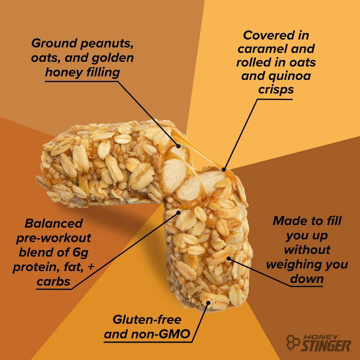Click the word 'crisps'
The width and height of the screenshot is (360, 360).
[x=276, y=89]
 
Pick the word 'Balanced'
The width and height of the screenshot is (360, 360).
[x=54, y=223]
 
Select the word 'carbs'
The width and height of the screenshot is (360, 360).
[x=54, y=282]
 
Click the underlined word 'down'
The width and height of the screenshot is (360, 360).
[x=307, y=279]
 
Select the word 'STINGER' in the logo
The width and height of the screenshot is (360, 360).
[x=326, y=346]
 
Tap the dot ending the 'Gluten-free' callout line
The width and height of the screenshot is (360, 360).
[x=208, y=303]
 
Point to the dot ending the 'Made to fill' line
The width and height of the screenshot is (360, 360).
[x=229, y=258]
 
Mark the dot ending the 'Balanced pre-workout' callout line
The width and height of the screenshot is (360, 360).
[x=177, y=212]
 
